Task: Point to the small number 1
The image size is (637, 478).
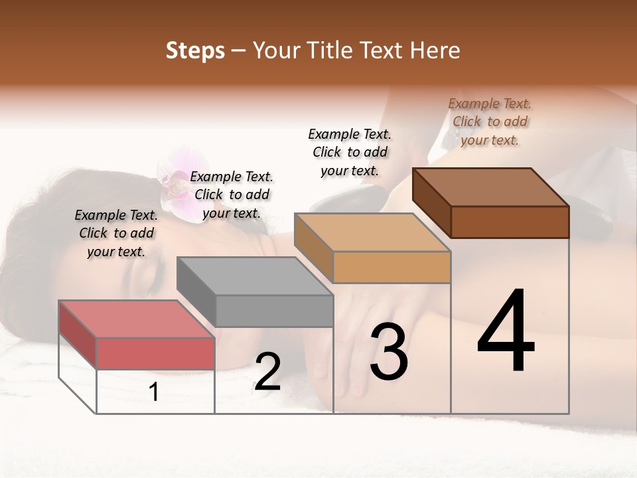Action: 154,392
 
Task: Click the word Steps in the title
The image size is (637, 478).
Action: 195,50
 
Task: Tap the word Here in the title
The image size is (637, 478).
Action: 435,50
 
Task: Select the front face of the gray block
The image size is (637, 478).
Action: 274,311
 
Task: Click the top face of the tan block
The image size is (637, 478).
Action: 372,232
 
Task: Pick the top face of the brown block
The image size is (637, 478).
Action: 491,187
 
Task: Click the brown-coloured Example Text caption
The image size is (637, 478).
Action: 490,121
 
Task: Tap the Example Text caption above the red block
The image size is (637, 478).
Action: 116,233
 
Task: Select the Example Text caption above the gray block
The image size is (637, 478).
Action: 232,195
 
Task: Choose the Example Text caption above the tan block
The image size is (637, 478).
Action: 350,152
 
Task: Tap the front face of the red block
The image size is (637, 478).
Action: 155,353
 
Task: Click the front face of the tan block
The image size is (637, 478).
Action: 391,268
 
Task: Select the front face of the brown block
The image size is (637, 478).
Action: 510,222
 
